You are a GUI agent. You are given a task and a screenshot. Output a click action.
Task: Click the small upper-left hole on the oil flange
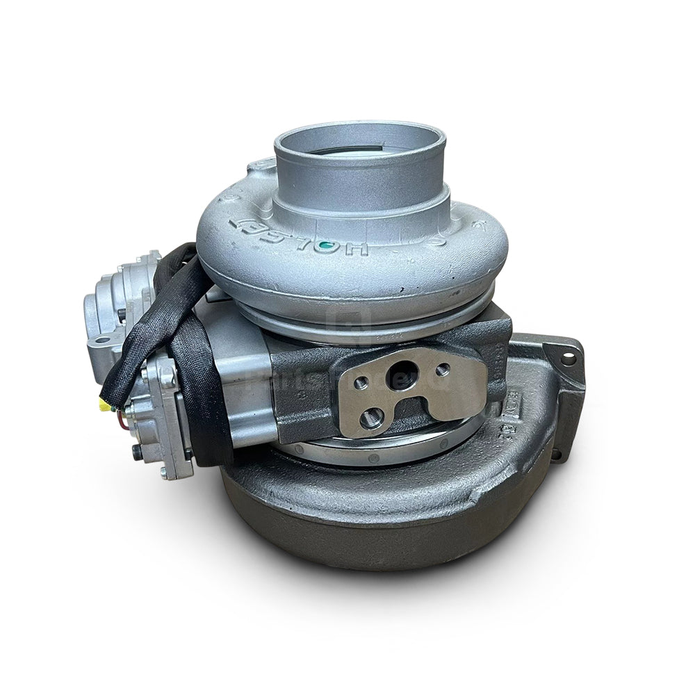pyautogui.click(x=361, y=382)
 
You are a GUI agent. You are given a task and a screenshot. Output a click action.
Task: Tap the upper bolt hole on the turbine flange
pyautogui.click(x=569, y=359)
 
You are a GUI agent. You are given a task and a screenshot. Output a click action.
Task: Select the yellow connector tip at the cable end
pyautogui.click(x=105, y=405)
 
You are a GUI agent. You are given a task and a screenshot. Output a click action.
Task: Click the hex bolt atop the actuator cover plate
pyautogui.click(x=167, y=378)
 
